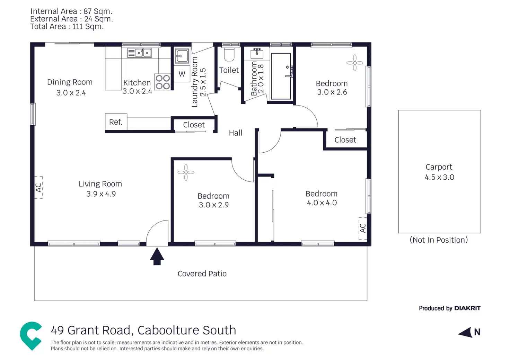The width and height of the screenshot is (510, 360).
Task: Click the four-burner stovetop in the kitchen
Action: click(x=162, y=82)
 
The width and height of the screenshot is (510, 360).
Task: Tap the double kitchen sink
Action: click(x=139, y=53)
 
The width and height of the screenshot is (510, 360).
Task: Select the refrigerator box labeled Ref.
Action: click(x=116, y=122)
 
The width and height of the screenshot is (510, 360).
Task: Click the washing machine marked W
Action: click(x=182, y=74)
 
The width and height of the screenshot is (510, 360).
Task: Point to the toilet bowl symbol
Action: click(x=229, y=54)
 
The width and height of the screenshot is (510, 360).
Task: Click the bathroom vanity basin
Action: click(x=257, y=53)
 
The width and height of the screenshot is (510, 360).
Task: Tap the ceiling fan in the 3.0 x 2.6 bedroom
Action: click(x=355, y=63)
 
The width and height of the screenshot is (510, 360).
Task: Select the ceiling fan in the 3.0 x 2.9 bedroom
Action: click(x=186, y=172)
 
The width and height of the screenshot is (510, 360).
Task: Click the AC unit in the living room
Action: click(x=38, y=187)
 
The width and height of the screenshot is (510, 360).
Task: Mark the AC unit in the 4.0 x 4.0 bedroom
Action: click(x=363, y=228)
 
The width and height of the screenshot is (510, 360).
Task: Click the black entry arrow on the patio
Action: click(x=157, y=256)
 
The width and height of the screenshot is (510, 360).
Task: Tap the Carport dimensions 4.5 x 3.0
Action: click(x=439, y=177)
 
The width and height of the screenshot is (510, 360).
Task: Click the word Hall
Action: click(x=235, y=133)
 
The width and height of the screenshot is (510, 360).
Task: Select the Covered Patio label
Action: click(x=202, y=273)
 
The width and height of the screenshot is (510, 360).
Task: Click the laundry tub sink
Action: click(x=182, y=56)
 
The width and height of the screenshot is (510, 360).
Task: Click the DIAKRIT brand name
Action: click(x=467, y=308)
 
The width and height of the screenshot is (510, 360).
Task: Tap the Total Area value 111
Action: click(x=77, y=27)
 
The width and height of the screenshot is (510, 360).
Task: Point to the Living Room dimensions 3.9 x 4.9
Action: click(x=101, y=194)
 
